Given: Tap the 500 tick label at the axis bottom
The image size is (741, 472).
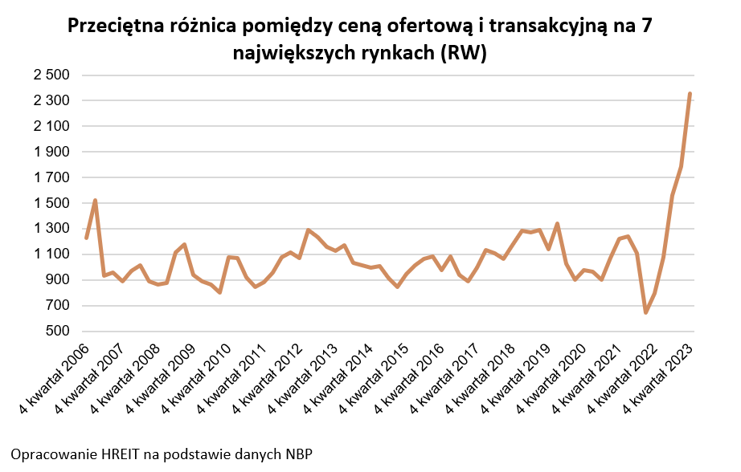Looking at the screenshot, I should pyautogui.click(x=61, y=332).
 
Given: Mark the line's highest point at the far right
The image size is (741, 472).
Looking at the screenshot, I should pyautogui.click(x=690, y=95).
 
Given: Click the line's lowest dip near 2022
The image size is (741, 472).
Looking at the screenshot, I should pyautogui.click(x=645, y=312).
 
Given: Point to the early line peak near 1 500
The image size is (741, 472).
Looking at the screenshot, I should pyautogui.click(x=96, y=201).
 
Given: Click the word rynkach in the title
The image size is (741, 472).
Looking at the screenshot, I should pyautogui.click(x=403, y=53).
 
